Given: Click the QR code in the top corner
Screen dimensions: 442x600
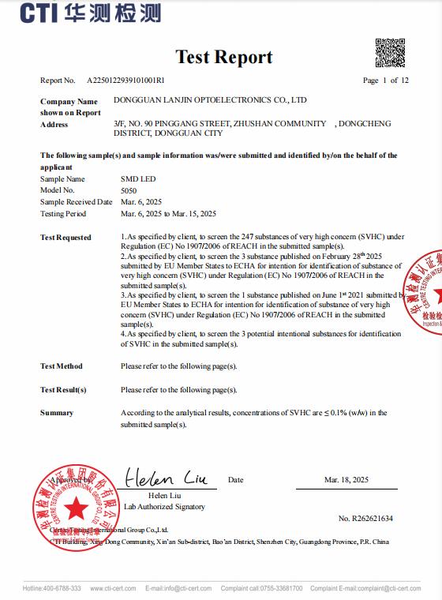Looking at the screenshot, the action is point(390,53).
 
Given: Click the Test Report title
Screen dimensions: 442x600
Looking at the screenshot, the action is point(223,57).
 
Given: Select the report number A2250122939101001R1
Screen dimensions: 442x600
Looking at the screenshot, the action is point(125,81).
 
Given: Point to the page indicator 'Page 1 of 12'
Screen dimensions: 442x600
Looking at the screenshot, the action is point(385,81).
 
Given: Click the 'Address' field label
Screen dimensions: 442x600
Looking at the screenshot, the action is point(54,125).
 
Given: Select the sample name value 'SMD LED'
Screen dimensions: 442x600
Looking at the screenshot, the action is point(138,179).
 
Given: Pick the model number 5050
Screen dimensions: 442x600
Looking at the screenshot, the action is point(128,190).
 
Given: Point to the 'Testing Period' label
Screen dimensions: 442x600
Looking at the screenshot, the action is point(63,214).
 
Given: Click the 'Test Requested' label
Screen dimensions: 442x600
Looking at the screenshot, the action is point(66,238).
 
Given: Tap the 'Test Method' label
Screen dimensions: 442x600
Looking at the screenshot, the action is point(62,366).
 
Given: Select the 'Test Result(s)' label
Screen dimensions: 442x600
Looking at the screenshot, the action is point(63,390).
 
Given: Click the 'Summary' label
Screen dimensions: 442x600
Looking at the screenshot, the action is point(57,413).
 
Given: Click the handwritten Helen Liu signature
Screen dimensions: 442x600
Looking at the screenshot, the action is point(164,478).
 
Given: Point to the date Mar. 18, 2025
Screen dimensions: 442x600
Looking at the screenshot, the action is point(346,480).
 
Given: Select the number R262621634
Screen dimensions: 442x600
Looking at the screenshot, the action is point(365,519).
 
